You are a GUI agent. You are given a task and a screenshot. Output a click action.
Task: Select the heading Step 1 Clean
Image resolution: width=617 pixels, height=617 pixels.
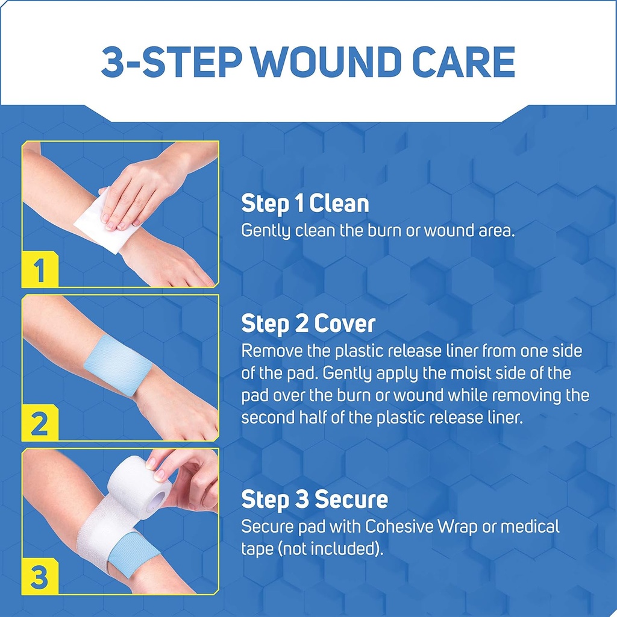[305, 204]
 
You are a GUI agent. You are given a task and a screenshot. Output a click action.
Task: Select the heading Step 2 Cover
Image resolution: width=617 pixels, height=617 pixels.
[308, 324]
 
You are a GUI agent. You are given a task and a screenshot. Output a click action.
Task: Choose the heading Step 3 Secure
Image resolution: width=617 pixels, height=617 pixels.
[315, 500]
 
